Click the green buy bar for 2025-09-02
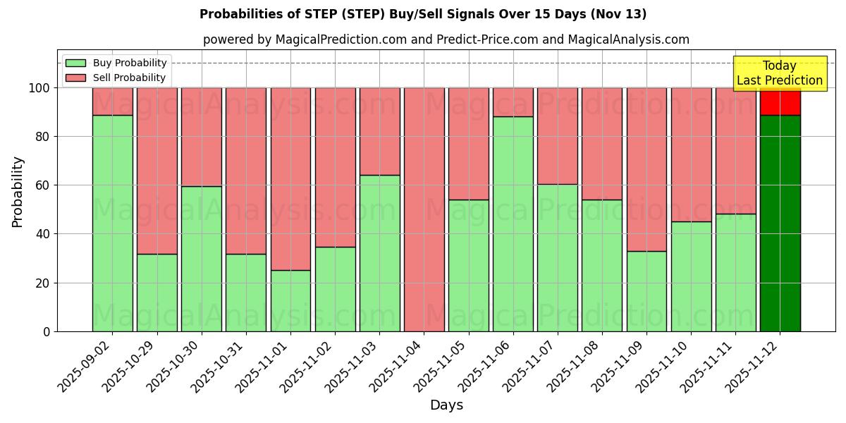[x=113, y=223]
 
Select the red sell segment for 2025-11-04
[x=424, y=209]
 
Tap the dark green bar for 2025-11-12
[x=780, y=223]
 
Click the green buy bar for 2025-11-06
[x=513, y=223]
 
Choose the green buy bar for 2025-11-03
[x=380, y=253]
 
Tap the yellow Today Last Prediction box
[x=780, y=73]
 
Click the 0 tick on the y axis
[x=47, y=331]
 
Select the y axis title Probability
[x=18, y=192]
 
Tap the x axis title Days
[x=446, y=405]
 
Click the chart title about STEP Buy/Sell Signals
[x=423, y=14]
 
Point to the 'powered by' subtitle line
[x=446, y=39]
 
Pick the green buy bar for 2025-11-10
[x=691, y=276]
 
